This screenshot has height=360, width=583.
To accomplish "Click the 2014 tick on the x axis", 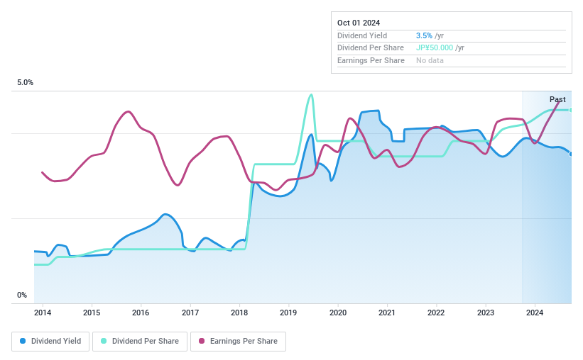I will pyautogui.click(x=43, y=313).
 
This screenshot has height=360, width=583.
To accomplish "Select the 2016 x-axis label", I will pyautogui.click(x=141, y=313).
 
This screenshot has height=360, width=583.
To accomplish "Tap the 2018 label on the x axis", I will pyautogui.click(x=239, y=313).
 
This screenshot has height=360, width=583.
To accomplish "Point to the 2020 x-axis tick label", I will pyautogui.click(x=338, y=313).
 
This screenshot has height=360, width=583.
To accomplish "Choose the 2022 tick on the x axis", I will pyautogui.click(x=436, y=313).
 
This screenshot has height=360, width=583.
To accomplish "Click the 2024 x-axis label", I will pyautogui.click(x=535, y=313).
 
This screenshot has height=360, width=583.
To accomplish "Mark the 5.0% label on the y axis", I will pyautogui.click(x=26, y=83).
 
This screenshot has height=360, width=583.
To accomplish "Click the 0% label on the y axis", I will pyautogui.click(x=22, y=296).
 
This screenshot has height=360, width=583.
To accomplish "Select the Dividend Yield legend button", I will pyautogui.click(x=50, y=342).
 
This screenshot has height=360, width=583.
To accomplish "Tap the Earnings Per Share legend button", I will pyautogui.click(x=238, y=342).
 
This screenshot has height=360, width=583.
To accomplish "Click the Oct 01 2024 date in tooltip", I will pyautogui.click(x=359, y=23).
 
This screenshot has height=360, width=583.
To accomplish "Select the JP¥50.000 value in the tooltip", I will pyautogui.click(x=435, y=48).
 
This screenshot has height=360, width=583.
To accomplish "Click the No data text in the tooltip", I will pyautogui.click(x=430, y=61).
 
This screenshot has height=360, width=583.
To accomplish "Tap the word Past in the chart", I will pyautogui.click(x=557, y=99).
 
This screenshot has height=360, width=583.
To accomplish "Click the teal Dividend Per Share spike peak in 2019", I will pyautogui.click(x=310, y=95).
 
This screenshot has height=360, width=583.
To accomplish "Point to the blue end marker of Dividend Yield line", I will pyautogui.click(x=571, y=154).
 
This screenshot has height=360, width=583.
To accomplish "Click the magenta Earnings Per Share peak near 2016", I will pyautogui.click(x=128, y=111).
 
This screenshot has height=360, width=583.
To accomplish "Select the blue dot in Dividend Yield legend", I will pyautogui.click(x=23, y=342).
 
